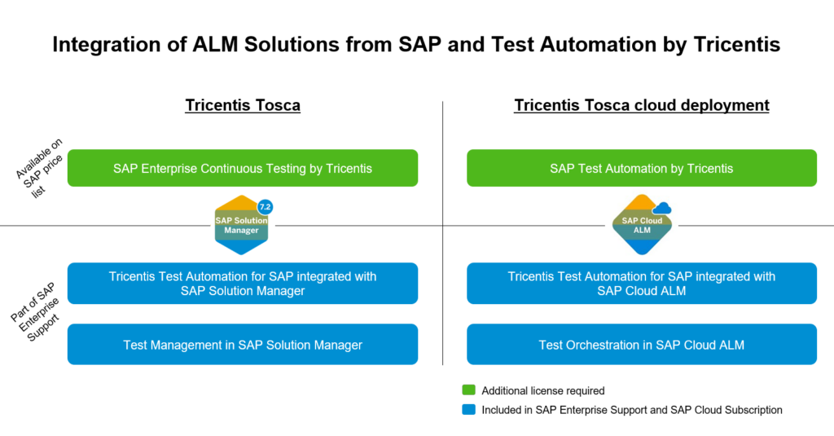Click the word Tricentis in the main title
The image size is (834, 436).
(x=740, y=45)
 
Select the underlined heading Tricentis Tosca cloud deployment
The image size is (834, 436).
(x=642, y=105)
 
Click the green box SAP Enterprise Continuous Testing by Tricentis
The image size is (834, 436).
(x=243, y=169)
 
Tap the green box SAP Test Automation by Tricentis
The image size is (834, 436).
(x=642, y=169)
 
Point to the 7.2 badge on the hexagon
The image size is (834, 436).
(x=265, y=207)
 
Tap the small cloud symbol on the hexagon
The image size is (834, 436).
(x=661, y=209)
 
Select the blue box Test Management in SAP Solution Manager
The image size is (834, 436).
(x=243, y=345)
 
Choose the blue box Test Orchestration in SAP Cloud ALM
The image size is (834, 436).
(x=642, y=345)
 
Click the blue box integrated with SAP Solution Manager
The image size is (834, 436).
(x=243, y=284)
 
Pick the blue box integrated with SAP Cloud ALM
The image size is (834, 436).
(x=642, y=284)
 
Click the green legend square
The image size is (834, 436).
(x=467, y=390)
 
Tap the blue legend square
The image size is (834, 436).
(x=467, y=410)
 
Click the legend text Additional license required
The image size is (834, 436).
(x=542, y=391)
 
